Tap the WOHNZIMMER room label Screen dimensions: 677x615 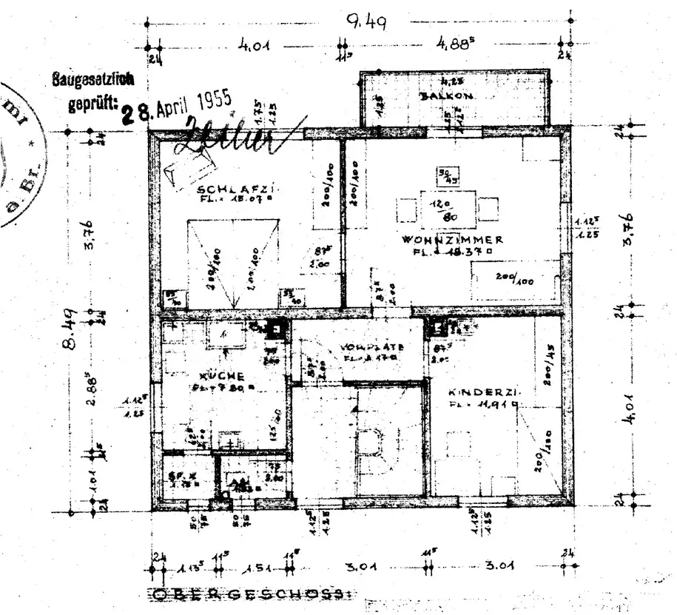click(x=454, y=240)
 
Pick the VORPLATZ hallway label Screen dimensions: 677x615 click(x=370, y=347)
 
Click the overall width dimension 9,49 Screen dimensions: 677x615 click(x=366, y=23)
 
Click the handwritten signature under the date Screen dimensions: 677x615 click(x=222, y=137)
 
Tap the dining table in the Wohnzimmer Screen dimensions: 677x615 click(x=447, y=208)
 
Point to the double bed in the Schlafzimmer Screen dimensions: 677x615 click(x=234, y=263)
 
